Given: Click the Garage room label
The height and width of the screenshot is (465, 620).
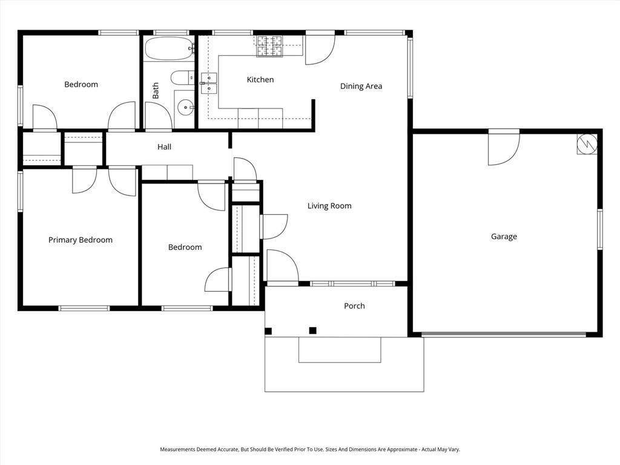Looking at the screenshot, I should tap(504, 237).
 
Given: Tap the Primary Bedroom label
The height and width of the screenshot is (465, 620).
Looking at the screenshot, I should tap(81, 240).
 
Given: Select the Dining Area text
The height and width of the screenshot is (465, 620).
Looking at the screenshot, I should tap(361, 86).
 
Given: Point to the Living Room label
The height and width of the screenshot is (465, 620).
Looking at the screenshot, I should tap(329, 206).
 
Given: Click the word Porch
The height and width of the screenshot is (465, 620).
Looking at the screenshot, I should tap(354, 306).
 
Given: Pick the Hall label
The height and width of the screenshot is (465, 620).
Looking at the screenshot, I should tap(164, 147).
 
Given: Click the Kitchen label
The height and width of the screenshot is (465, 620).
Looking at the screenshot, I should tap(260, 79).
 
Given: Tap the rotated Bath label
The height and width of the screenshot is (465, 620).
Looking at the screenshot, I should tap(156, 91).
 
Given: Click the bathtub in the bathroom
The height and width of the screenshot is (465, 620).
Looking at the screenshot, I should tap(169, 49).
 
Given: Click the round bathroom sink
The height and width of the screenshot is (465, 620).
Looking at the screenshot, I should tap(185, 108).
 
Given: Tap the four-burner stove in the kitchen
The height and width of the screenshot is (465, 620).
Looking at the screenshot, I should tap(270, 47).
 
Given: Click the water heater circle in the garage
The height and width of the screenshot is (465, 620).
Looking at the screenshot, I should tap(587, 143).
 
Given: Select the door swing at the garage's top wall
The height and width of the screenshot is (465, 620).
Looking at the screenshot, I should tap(504, 148).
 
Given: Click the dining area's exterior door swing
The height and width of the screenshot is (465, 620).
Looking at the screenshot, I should tap(320, 48).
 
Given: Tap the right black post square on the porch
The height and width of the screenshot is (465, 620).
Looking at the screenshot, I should tap(313, 330).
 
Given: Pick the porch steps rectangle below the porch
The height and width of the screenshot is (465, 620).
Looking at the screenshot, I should tap(340, 350).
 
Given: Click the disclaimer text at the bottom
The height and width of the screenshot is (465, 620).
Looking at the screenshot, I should tap(310, 449).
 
